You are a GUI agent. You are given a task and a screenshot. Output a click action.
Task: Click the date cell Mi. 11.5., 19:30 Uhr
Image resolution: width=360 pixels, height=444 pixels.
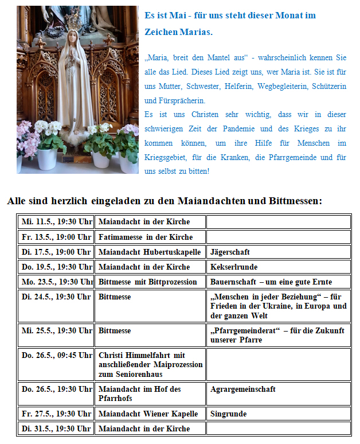click(x=56, y=221)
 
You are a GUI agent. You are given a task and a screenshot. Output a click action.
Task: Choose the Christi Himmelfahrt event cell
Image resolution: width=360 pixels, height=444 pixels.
click(x=150, y=364)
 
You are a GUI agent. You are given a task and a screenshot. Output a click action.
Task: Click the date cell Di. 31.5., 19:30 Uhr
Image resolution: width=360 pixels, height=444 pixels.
click(x=56, y=429)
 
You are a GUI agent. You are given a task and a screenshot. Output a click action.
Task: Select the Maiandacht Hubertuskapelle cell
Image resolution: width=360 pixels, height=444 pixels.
click(x=150, y=252)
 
